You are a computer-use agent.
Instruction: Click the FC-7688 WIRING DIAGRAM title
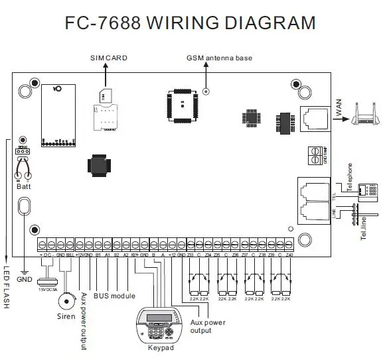pyautogui.click(x=191, y=23)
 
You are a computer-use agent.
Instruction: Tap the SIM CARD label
pyautogui.click(x=108, y=58)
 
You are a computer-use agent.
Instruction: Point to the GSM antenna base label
pyautogui.click(x=218, y=58)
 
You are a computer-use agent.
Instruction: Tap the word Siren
pyautogui.click(x=65, y=318)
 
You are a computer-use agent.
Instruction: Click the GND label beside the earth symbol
pyautogui.click(x=25, y=279)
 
